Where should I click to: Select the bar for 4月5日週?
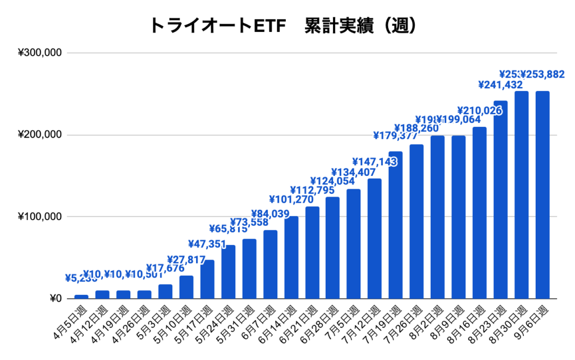coord(81,297)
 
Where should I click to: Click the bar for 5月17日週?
coord(207,279)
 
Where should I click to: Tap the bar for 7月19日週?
coord(395,225)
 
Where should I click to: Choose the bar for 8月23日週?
coord(500,199)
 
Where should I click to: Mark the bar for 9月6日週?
coord(542,194)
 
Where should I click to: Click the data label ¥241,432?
coord(500,85)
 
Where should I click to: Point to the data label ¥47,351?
coord(207,244)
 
